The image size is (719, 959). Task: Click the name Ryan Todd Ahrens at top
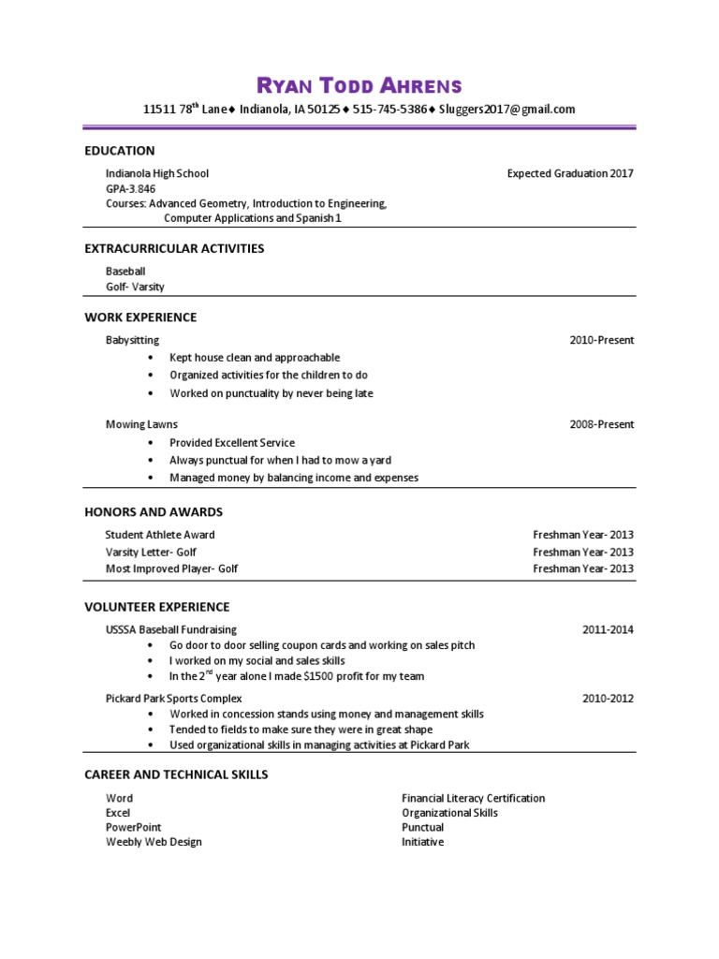[x=359, y=86]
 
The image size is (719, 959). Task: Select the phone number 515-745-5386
[x=392, y=110]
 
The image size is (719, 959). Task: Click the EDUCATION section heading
[x=120, y=151]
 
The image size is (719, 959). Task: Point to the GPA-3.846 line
[x=130, y=188]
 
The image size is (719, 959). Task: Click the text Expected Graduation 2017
[x=570, y=173]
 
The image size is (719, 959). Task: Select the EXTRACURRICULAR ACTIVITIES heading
[x=174, y=249]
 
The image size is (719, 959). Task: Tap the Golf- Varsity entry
[x=135, y=287]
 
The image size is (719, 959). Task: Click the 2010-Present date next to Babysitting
[x=601, y=340]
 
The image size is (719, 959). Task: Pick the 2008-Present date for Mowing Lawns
[x=601, y=424]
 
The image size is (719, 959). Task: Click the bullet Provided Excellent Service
[x=232, y=442]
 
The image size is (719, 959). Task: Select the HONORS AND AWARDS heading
[x=154, y=512]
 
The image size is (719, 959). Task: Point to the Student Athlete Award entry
[x=160, y=535]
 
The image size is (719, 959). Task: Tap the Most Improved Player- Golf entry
[x=165, y=568]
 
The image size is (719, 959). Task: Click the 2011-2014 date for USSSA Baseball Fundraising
[x=608, y=629]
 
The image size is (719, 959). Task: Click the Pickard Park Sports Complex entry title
[x=174, y=699]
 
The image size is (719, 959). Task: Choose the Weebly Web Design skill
[x=154, y=842]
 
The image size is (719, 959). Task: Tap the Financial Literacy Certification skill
[x=474, y=799]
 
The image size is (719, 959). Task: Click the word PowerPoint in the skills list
[x=134, y=828]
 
